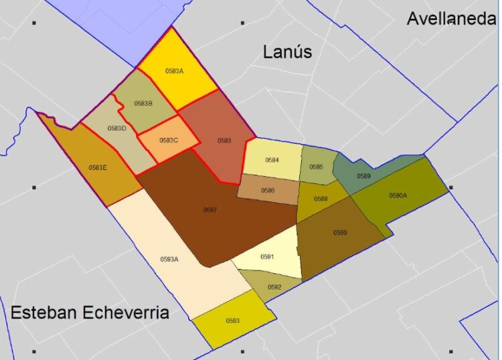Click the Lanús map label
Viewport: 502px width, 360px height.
(x=288, y=52)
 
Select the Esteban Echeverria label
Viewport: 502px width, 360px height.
(x=90, y=312)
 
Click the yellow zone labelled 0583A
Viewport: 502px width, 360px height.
(x=174, y=71)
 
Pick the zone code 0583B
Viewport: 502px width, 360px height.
(x=144, y=104)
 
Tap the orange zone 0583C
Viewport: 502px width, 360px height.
(x=169, y=141)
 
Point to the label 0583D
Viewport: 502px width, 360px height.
(x=116, y=128)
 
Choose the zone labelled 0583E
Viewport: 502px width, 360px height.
(x=98, y=167)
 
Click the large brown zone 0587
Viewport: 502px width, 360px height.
(x=210, y=210)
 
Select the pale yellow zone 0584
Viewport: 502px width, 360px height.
(x=272, y=161)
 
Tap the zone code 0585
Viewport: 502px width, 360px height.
(x=316, y=167)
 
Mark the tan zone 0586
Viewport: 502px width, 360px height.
(x=268, y=191)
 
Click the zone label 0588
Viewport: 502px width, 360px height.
(x=321, y=199)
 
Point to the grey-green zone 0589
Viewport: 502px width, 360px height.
(x=363, y=176)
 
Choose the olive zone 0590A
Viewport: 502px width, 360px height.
(x=398, y=196)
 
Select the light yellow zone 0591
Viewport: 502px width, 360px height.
(x=268, y=257)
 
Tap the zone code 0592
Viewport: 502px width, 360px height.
(x=274, y=287)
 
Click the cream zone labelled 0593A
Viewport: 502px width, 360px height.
(x=169, y=260)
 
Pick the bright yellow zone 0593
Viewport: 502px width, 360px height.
(x=233, y=321)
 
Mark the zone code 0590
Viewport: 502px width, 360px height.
(x=340, y=232)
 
